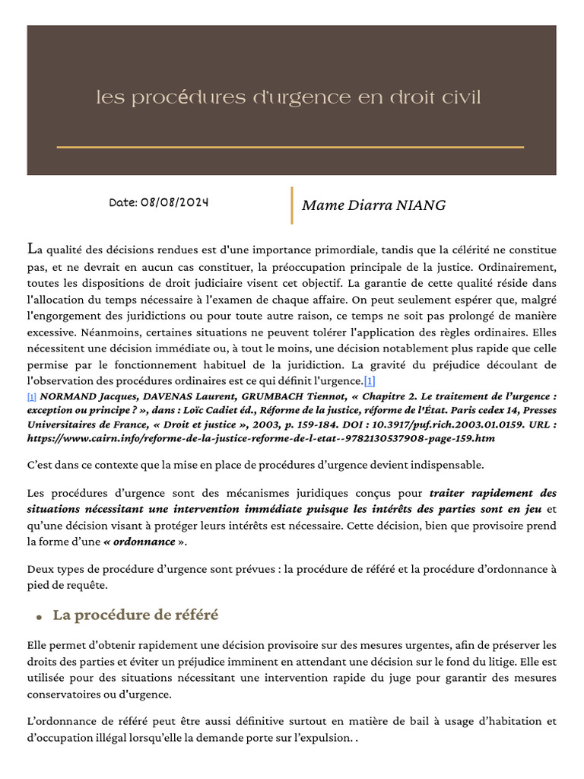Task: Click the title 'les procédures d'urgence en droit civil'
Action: (x=289, y=98)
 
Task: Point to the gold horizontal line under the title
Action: (x=290, y=147)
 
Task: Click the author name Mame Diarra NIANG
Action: (x=373, y=205)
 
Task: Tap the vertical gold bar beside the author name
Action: (x=292, y=205)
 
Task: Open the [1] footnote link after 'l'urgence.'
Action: (x=370, y=381)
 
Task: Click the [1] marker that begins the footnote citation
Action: (x=31, y=397)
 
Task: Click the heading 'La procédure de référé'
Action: (x=135, y=615)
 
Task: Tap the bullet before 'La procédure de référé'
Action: (x=38, y=616)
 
